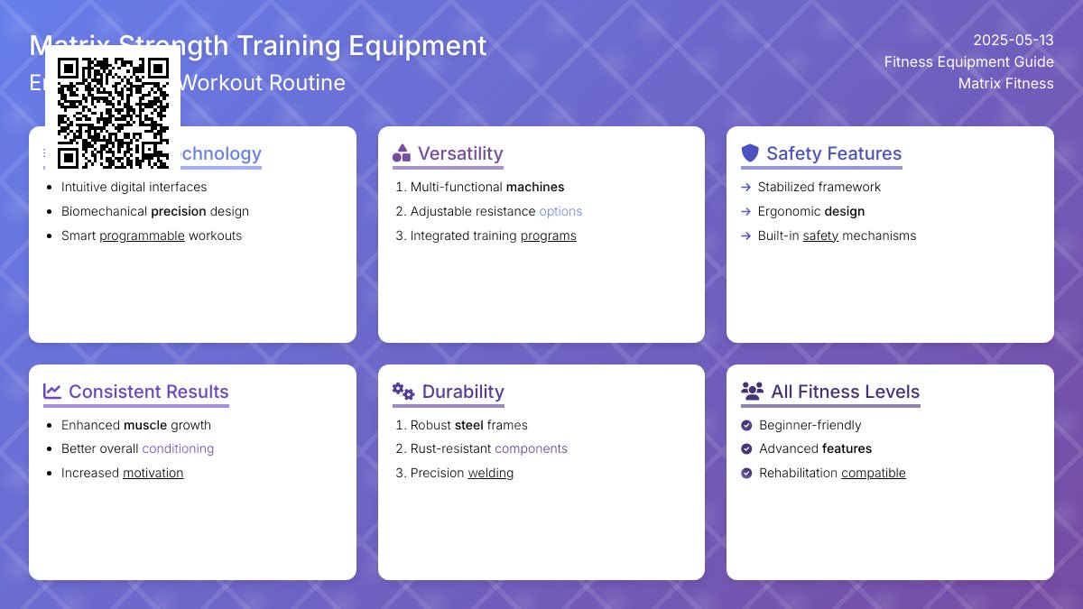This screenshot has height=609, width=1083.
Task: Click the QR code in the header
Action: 113,113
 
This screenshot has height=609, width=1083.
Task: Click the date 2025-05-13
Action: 1013,41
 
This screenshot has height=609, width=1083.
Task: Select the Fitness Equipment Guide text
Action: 968,62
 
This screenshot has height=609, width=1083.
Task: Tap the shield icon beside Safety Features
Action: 750,153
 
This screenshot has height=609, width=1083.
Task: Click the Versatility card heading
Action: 459,153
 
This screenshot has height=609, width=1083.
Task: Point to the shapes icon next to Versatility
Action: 402,153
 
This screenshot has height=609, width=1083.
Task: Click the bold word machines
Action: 535,188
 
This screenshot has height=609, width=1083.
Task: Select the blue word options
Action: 560,212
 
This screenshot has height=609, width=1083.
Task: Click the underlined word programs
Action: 548,236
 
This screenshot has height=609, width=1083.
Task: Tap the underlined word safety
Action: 820,236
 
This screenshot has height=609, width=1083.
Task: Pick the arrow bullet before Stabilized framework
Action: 745,188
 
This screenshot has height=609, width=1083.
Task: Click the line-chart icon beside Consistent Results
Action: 52,392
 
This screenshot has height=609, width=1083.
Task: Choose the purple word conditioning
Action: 178,449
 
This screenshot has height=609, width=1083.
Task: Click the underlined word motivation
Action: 153,474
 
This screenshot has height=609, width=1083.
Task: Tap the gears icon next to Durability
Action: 403,392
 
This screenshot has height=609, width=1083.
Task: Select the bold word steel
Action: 468,426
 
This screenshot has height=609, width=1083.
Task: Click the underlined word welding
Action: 490,474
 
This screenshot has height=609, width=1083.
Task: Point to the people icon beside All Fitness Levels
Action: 752,392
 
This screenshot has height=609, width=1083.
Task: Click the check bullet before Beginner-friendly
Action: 746,426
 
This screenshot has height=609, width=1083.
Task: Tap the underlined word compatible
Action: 873,474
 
